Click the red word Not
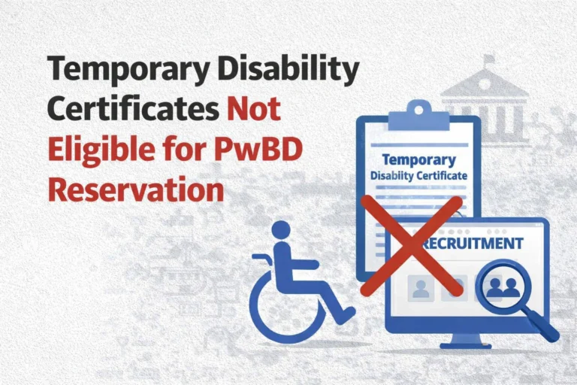coord(254,110)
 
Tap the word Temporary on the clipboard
coord(418,159)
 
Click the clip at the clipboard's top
coord(418,114)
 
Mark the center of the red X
coord(411,246)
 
